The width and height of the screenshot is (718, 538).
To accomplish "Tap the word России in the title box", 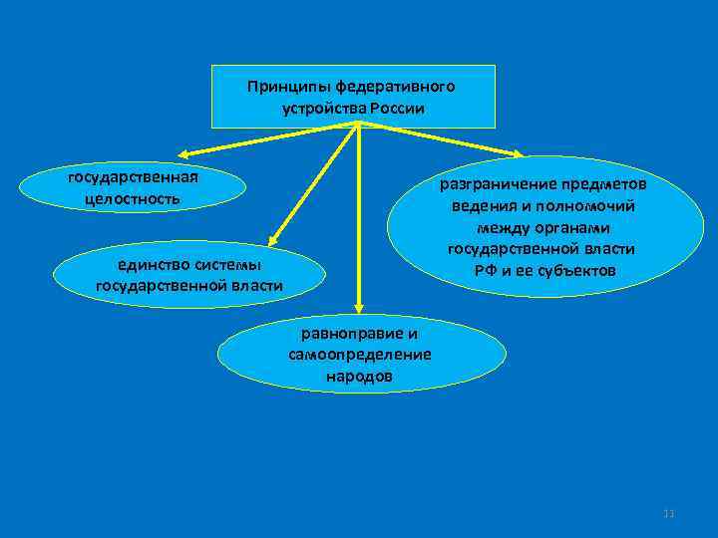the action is click(400, 108).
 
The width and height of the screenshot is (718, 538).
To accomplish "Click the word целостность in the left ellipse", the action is click(134, 198).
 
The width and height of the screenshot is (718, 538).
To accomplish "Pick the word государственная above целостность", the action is click(133, 177).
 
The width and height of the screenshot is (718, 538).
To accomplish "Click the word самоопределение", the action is click(359, 355).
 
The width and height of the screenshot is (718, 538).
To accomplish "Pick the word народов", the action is click(359, 377).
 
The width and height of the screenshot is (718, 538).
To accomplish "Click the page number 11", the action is click(669, 514).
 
